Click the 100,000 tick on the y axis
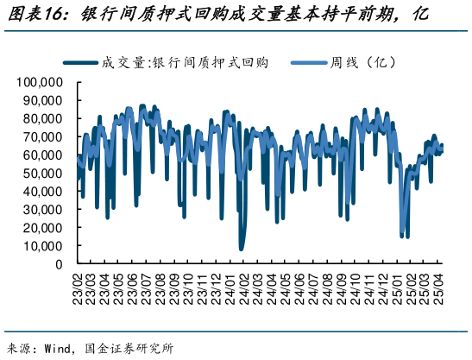40,82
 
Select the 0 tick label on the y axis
57,264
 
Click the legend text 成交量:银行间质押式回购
186,62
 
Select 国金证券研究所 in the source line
138,349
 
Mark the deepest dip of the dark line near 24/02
242,249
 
